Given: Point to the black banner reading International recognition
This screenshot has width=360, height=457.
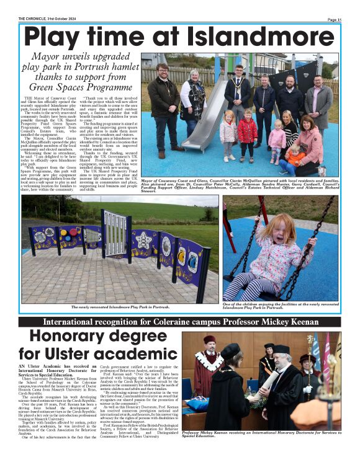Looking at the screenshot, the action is (179, 322).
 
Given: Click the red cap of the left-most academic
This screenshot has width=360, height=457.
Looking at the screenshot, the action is (209, 340).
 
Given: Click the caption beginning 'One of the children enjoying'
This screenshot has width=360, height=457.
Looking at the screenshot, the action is (279, 305).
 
